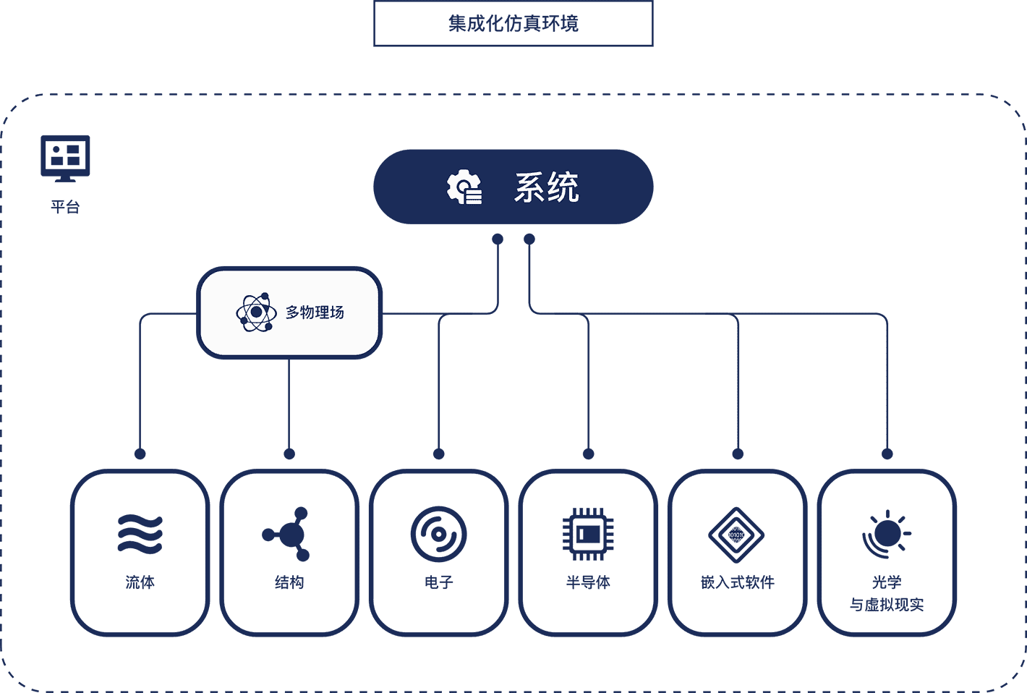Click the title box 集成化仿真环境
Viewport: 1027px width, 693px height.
coord(513,23)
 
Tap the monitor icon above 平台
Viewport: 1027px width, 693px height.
coord(65,158)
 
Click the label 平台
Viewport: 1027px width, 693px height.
coord(65,207)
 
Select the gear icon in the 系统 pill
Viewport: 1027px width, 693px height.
coord(464,187)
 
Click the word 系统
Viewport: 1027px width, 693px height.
coord(546,187)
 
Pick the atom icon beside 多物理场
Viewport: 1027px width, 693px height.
coord(256,313)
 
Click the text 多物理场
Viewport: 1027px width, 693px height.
coord(315,313)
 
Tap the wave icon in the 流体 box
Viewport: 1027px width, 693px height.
coord(140,533)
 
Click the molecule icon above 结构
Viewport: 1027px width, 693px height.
coord(286,534)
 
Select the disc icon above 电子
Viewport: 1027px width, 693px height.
coord(439,535)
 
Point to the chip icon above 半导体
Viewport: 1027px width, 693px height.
coord(588,535)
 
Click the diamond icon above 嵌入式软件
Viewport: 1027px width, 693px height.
coord(736,535)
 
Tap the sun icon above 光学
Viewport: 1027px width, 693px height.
coord(887,535)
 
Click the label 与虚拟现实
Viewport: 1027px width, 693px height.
coord(887,605)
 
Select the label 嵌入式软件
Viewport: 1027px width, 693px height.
coord(738,582)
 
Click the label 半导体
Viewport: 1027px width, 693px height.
coord(588,582)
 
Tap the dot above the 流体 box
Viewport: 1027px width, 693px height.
coord(140,454)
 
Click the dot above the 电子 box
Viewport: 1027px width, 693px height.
coord(439,454)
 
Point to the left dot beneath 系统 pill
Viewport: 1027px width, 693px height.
coord(498,239)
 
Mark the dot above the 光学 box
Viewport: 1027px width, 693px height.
coord(887,454)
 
